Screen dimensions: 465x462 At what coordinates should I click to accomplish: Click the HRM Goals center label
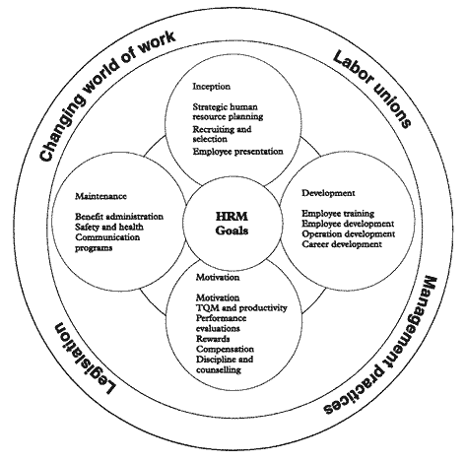(x=232, y=224)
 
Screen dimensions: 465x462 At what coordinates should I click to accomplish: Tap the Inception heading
(x=212, y=87)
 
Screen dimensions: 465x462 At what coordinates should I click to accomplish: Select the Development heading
(x=328, y=193)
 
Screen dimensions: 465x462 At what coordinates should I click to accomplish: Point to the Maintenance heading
(x=100, y=196)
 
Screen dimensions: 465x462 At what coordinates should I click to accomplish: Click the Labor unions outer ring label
(x=372, y=89)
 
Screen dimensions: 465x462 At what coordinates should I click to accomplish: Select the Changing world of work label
(x=106, y=95)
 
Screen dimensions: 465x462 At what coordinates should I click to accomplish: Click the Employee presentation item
(x=237, y=152)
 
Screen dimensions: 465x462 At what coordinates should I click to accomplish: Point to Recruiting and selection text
(x=222, y=134)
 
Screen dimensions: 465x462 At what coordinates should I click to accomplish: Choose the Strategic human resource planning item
(x=228, y=111)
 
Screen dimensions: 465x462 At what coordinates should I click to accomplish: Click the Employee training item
(x=338, y=214)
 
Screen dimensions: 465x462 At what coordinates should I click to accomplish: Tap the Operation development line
(x=349, y=233)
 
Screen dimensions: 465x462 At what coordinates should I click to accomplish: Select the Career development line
(x=342, y=244)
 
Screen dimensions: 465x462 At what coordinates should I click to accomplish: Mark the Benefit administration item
(x=119, y=217)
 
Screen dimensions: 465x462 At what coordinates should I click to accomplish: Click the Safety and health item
(x=109, y=227)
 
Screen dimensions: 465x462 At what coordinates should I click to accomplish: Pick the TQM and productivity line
(x=241, y=307)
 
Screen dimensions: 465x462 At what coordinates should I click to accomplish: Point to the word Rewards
(x=213, y=339)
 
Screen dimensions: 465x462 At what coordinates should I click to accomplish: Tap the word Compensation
(x=225, y=349)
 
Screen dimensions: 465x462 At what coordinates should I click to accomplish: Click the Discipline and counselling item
(x=225, y=364)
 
